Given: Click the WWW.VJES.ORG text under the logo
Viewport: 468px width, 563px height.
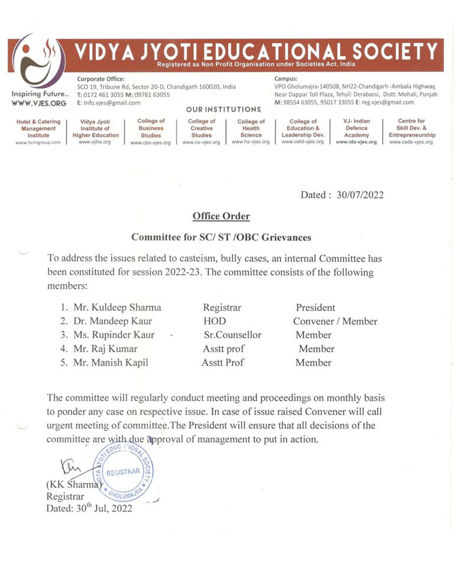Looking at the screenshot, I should tap(38, 103).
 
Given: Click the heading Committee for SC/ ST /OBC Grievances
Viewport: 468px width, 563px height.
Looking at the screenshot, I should tap(221, 237).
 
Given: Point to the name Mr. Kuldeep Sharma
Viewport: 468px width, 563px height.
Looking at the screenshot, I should tap(117, 308).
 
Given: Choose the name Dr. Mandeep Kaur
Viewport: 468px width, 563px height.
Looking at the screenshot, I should tap(112, 321).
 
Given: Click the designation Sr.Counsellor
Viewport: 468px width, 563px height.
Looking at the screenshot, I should tap(232, 335).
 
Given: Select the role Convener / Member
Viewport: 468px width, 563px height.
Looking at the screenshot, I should tap(335, 321).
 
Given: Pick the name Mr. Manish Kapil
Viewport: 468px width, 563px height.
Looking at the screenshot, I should tap(111, 363).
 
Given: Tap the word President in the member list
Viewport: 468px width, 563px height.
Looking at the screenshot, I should tap(315, 308).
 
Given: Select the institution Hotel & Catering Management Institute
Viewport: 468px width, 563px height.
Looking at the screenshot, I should tap(38, 128).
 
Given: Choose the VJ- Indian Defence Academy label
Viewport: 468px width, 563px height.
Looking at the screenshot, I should tap(356, 128).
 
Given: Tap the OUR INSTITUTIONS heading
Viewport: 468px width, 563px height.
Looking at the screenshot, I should tap(224, 109).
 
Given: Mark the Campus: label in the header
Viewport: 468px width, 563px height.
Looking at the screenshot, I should tap(286, 78).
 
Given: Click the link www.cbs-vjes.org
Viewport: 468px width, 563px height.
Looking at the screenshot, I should tap(150, 143).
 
